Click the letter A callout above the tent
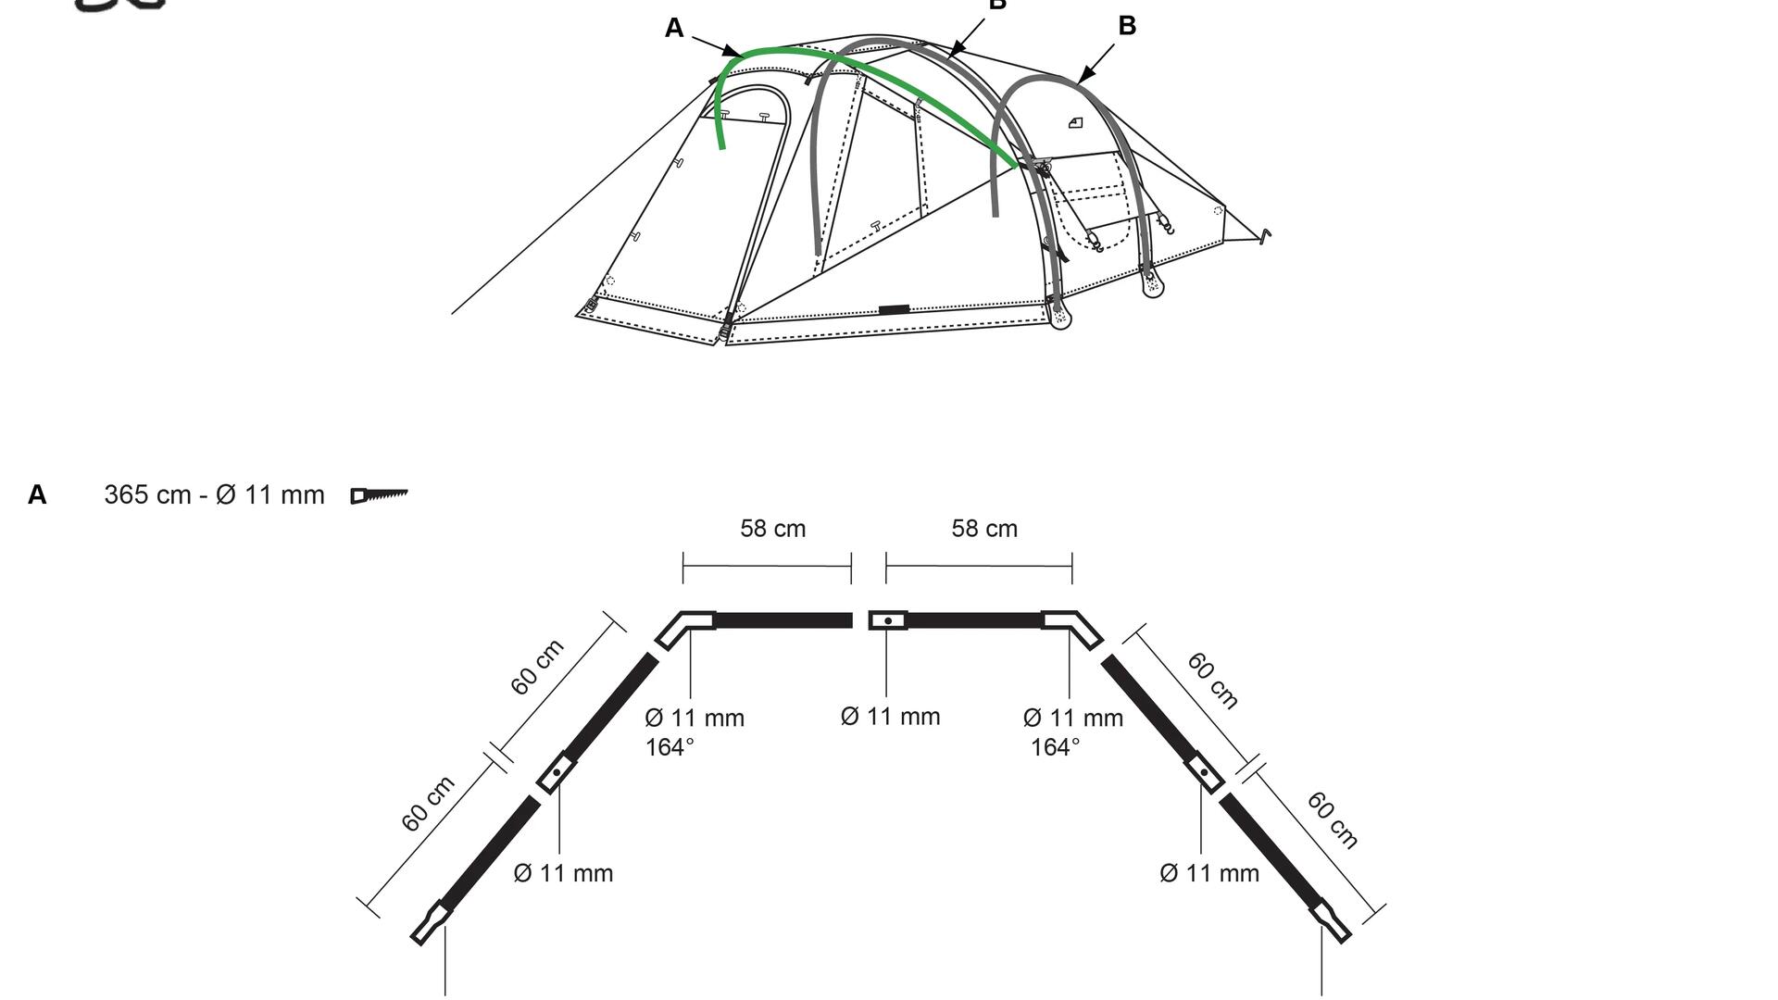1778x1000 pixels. coord(674,29)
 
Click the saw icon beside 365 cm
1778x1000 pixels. coord(379,495)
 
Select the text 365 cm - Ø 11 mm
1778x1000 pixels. coord(214,495)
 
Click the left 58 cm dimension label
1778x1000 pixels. coord(772,529)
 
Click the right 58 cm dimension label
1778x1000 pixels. coord(984,529)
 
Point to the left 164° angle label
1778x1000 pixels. coord(669,747)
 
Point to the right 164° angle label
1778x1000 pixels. coord(1055,747)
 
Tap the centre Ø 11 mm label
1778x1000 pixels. coord(890,717)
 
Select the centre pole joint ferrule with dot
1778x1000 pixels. coord(887,620)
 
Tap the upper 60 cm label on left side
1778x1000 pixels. coord(536,668)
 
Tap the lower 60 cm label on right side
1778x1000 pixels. coord(1333,820)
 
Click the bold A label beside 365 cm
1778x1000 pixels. coord(37,495)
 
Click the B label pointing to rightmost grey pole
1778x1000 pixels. coord(1127,26)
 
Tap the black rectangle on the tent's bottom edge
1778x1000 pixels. coord(894,309)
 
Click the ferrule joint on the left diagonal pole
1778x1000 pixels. coord(557,771)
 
